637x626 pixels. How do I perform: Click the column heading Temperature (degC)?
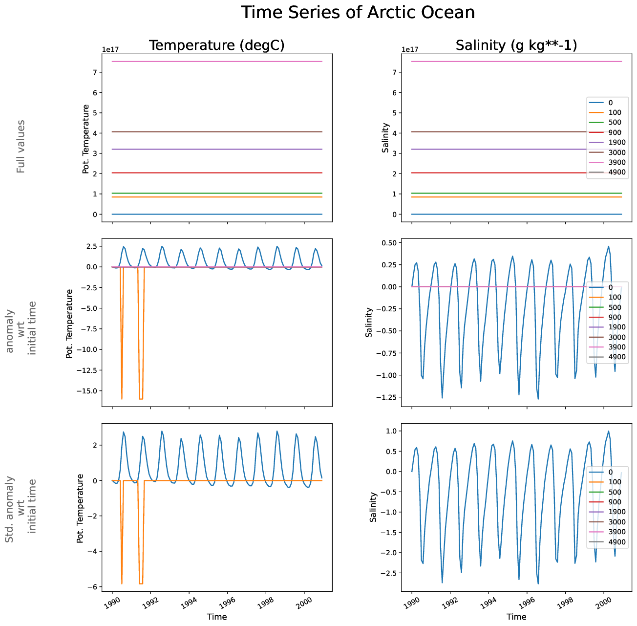click(216, 45)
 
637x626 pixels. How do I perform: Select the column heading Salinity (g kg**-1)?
click(516, 45)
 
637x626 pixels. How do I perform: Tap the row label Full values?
click(21, 146)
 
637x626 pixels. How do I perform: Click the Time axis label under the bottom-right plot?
click(516, 617)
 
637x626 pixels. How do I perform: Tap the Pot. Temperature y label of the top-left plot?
click(86, 139)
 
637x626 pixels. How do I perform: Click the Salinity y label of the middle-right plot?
click(369, 322)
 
